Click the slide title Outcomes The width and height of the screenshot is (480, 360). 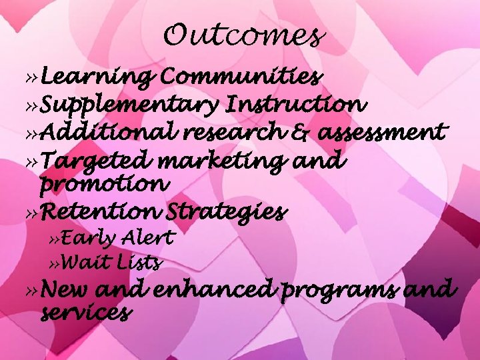click(244, 35)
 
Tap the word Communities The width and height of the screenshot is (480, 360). click(241, 78)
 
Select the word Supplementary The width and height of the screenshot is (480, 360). click(131, 105)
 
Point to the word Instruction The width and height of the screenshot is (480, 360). click(296, 105)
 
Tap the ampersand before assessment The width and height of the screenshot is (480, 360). click(300, 133)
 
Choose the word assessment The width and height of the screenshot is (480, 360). click(381, 133)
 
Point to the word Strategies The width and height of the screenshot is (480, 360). click(227, 213)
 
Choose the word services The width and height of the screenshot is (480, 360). click(85, 311)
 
